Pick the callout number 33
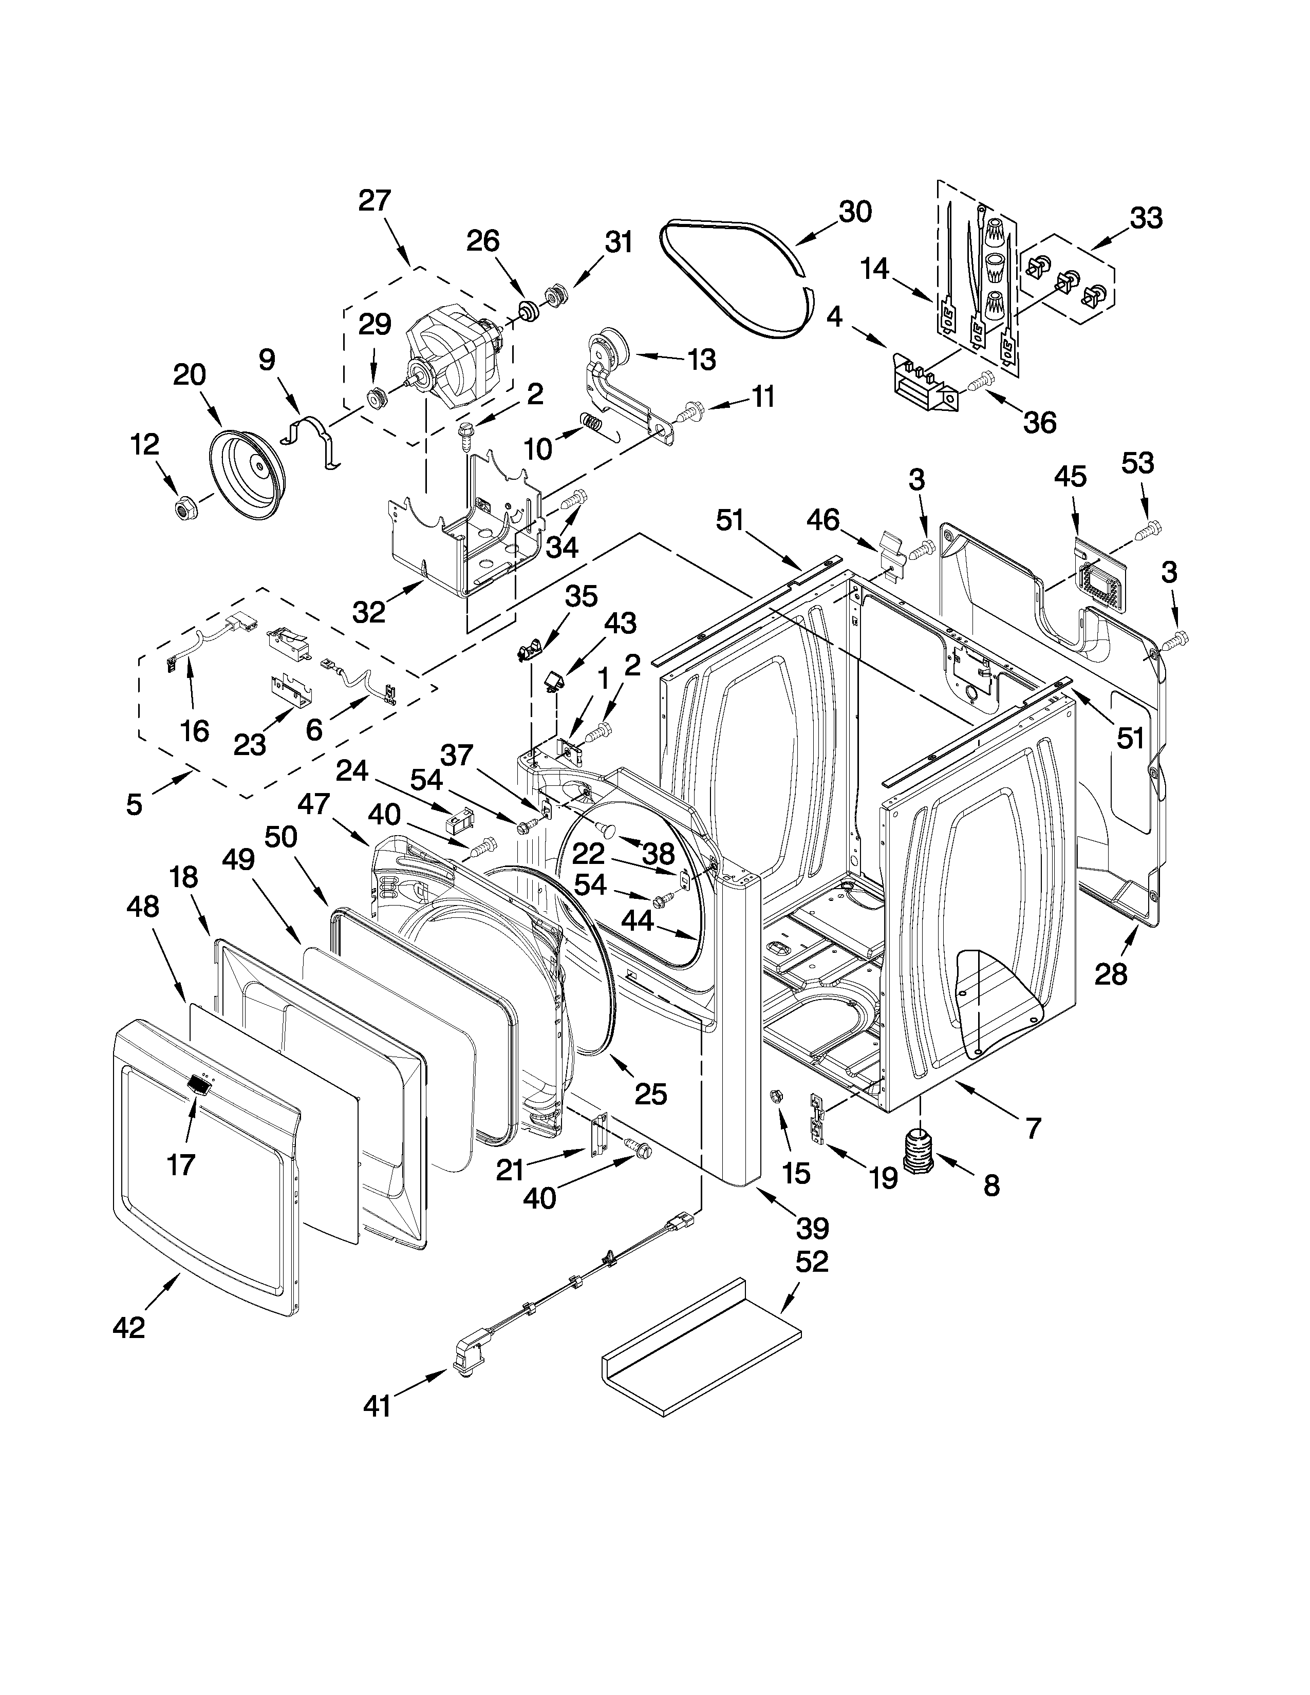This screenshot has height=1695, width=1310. click(x=1146, y=219)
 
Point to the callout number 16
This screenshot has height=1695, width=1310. click(x=194, y=730)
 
